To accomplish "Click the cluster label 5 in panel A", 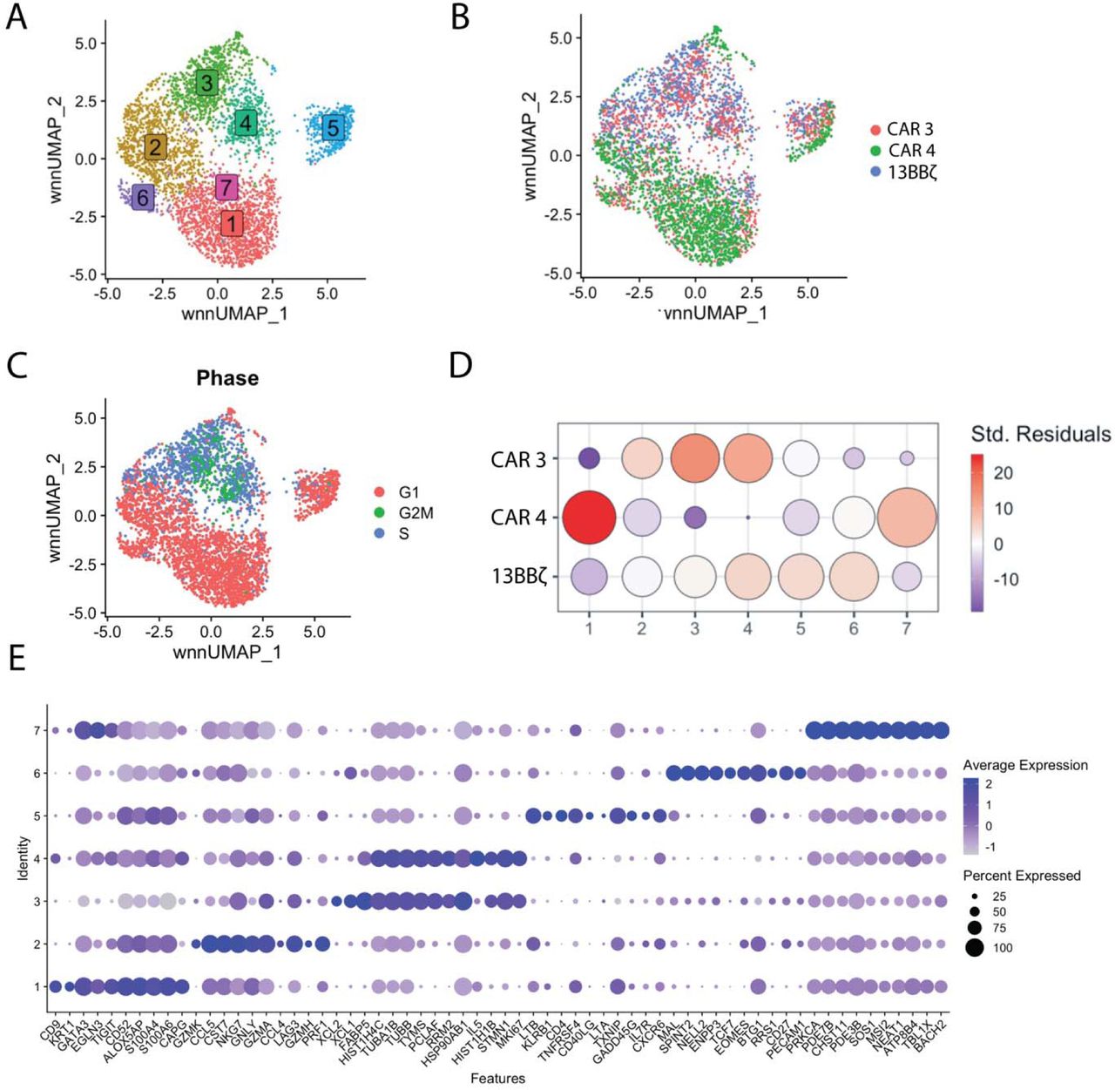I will (333, 128).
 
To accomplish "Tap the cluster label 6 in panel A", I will (143, 198).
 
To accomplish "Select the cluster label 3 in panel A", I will (206, 84).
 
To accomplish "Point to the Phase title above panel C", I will (227, 378).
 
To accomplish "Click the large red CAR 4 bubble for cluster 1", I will (589, 518).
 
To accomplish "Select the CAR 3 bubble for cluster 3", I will (694, 458).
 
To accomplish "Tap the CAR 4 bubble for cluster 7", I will (907, 518).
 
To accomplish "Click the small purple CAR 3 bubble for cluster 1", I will (589, 458).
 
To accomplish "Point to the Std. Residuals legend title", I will (1041, 434).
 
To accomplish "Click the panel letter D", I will (461, 365).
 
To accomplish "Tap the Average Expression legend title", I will (1024, 765).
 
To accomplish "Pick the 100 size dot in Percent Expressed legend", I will (974, 947).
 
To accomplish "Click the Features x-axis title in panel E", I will (497, 1079).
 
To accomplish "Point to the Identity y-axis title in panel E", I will (24, 858).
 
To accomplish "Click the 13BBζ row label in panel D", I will (519, 576).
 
